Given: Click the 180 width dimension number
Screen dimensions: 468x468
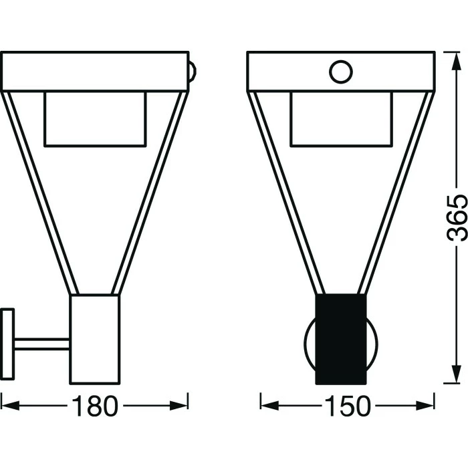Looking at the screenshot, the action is pos(95,406).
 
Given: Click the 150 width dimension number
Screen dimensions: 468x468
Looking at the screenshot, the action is pos(348,406).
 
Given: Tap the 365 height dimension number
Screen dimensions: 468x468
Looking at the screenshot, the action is pos(456,217).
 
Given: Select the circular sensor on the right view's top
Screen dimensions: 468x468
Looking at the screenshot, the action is pos(341,72).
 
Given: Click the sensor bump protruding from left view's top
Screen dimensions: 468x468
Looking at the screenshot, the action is pos(193,72).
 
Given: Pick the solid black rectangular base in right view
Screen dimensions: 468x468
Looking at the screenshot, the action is pos(341,339).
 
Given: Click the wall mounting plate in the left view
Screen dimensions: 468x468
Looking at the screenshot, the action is pos(7,344).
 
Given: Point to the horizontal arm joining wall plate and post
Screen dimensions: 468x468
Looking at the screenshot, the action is pos(41,344).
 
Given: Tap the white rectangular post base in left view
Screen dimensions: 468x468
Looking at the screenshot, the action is pos(95,340).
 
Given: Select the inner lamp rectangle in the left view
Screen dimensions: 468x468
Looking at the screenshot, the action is pos(95,119).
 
